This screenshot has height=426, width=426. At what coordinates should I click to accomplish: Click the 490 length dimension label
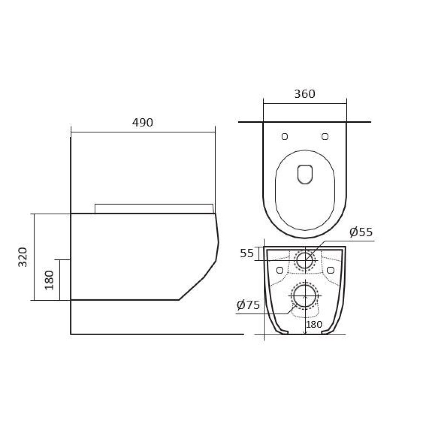[x=142, y=123]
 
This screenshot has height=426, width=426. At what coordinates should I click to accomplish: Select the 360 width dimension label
[x=305, y=94]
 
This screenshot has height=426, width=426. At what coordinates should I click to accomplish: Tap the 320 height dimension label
[x=23, y=257]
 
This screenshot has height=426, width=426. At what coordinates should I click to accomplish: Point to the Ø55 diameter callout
[x=361, y=232]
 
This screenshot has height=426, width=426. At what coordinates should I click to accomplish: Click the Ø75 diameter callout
[x=248, y=305]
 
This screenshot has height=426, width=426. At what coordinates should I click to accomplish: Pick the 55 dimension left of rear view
[x=247, y=253]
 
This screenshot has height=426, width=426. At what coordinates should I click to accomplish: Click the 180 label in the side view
[x=49, y=280]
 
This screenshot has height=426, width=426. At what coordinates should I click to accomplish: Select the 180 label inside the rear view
[x=314, y=324]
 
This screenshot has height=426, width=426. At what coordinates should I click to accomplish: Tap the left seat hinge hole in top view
[x=285, y=136]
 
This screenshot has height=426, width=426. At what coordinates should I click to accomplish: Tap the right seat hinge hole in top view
[x=325, y=136]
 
